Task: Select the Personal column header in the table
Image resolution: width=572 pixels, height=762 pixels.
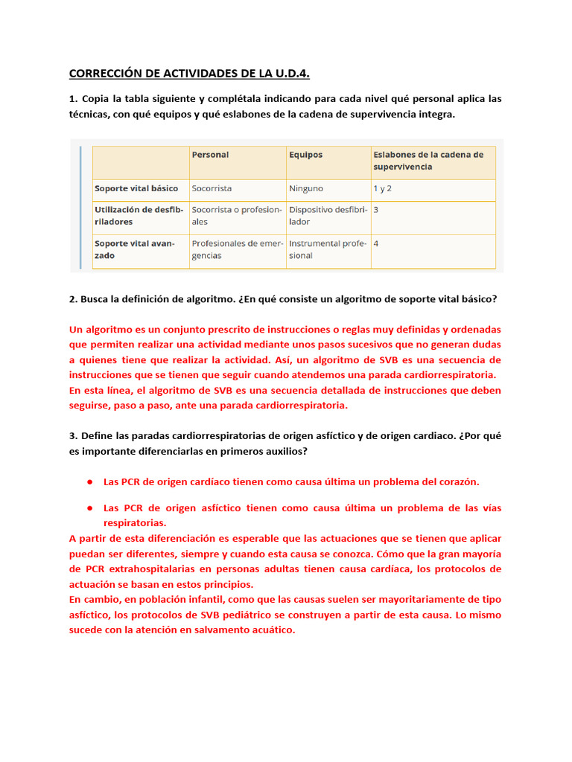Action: click(x=211, y=155)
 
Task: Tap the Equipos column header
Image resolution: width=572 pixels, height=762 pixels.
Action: click(x=306, y=155)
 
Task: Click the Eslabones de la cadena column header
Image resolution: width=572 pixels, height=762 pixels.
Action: click(x=428, y=161)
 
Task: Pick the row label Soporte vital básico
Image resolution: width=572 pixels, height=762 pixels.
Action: click(x=137, y=188)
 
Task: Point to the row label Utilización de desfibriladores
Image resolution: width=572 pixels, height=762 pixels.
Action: click(x=139, y=216)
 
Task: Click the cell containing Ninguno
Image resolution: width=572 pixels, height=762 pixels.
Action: click(x=307, y=188)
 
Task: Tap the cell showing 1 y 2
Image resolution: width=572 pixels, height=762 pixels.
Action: click(x=383, y=188)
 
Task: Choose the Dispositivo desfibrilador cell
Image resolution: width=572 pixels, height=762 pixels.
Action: click(x=328, y=216)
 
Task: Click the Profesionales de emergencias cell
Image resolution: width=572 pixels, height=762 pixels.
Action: click(x=237, y=249)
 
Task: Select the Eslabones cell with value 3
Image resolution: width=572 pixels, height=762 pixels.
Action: click(x=376, y=210)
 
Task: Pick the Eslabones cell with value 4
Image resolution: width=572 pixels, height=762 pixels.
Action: click(x=376, y=243)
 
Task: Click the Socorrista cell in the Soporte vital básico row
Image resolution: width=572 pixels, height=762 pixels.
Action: click(x=212, y=188)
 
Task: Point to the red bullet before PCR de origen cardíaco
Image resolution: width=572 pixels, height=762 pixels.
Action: click(x=89, y=481)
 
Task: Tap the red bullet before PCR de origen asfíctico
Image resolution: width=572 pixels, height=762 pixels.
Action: click(x=89, y=508)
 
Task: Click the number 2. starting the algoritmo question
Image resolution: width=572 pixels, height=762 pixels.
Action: click(x=73, y=298)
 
